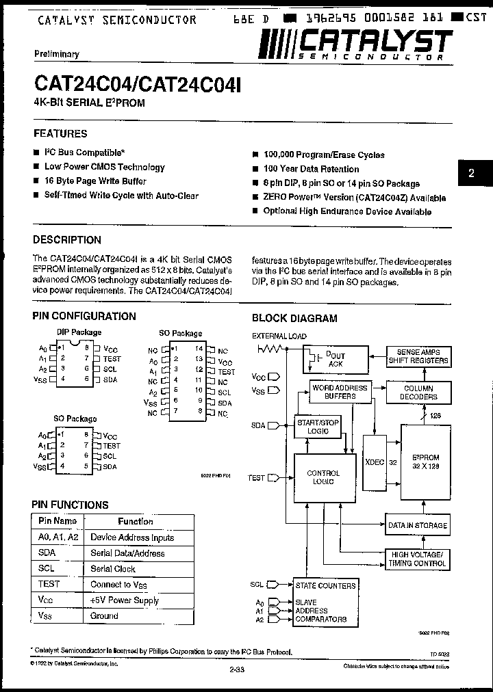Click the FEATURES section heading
pyautogui.click(x=60, y=134)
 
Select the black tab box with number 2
pyautogui.click(x=471, y=173)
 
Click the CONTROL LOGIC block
pyautogui.click(x=323, y=477)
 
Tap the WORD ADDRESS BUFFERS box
pyautogui.click(x=339, y=392)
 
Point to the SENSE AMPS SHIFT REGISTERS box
pyautogui.click(x=418, y=356)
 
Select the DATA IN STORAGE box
pyautogui.click(x=417, y=525)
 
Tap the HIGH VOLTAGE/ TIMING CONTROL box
pyautogui.click(x=417, y=559)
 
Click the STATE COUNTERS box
pyautogui.click(x=325, y=585)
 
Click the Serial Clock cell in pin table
pyautogui.click(x=113, y=569)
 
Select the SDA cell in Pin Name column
pyautogui.click(x=47, y=553)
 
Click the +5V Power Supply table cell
pyautogui.click(x=125, y=600)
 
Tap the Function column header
pyautogui.click(x=136, y=521)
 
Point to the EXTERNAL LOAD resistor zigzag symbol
pyautogui.click(x=270, y=349)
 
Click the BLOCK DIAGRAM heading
pyautogui.click(x=294, y=318)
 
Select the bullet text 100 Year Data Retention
pyautogui.click(x=311, y=169)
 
